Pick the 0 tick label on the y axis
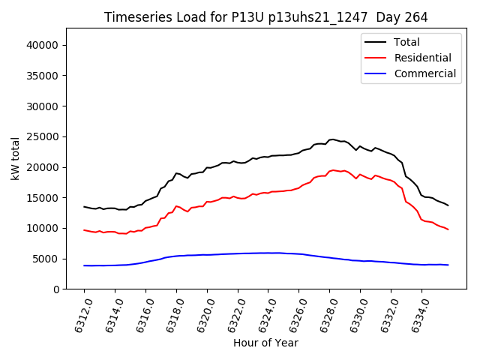point(56,289)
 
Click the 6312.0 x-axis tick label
point(79,310)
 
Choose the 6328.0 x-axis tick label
point(325,310)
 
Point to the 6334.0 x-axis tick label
point(417,310)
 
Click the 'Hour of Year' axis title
point(265,343)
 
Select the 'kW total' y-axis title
point(16,158)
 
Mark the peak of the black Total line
point(332,139)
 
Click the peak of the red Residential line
point(334,170)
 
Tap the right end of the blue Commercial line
point(448,265)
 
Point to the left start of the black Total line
point(84,206)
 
